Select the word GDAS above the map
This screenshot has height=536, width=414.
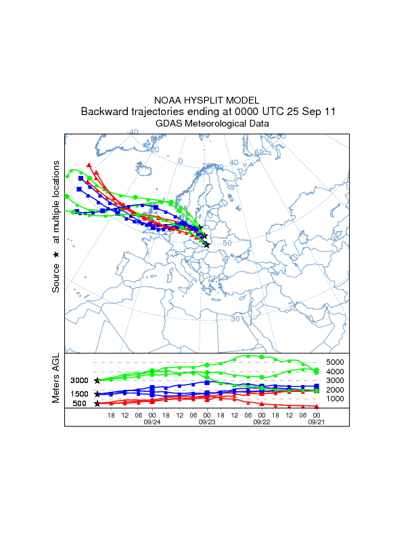(x=169, y=124)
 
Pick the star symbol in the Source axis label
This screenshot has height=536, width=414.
(x=57, y=254)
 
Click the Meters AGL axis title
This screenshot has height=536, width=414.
(x=57, y=381)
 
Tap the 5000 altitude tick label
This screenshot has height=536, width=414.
(x=336, y=362)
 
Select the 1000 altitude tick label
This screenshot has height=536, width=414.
(x=336, y=399)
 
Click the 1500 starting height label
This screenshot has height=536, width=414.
(x=80, y=394)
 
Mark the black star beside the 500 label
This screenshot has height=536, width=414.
(x=97, y=403)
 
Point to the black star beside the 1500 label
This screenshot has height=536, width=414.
(x=97, y=394)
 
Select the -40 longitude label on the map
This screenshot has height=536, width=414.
(x=133, y=132)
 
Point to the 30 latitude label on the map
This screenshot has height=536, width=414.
(x=235, y=318)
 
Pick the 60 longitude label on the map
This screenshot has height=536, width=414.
(x=258, y=152)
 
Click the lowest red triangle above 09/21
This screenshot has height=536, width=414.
(x=317, y=405)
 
